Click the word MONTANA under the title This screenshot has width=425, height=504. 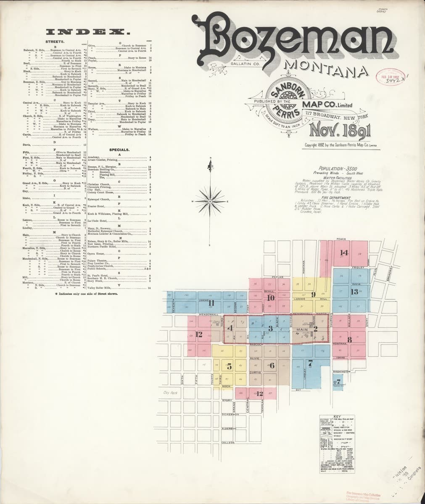click(323, 67)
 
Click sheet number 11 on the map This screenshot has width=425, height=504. click(211, 303)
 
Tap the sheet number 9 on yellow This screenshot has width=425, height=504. click(313, 295)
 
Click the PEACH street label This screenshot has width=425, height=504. click(341, 239)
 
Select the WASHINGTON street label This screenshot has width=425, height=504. click(341, 372)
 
